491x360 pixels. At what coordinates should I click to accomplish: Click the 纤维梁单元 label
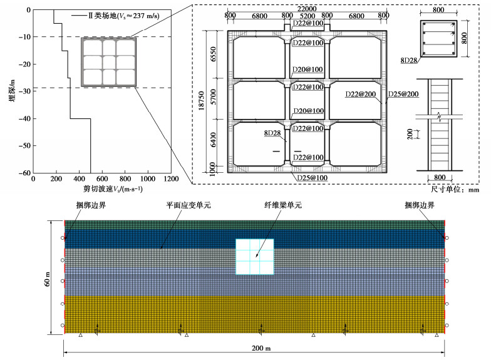pyautogui.click(x=282, y=205)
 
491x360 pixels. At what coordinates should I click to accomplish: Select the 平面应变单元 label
pyautogui.click(x=185, y=205)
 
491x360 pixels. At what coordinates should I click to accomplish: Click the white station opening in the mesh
pyautogui.click(x=254, y=257)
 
